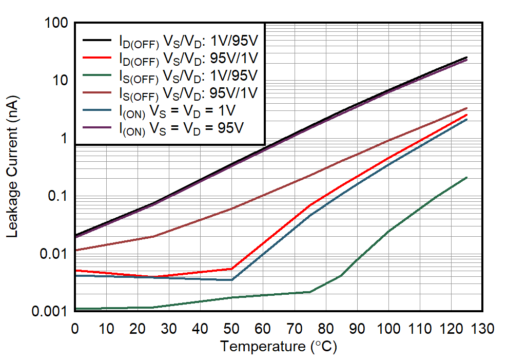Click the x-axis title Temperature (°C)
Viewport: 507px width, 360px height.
[x=279, y=347]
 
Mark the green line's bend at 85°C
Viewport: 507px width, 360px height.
[x=341, y=276]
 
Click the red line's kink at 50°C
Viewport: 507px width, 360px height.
[x=231, y=269]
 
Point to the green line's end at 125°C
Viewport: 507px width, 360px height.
[x=466, y=177]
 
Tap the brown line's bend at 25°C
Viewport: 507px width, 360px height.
[x=153, y=236]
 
